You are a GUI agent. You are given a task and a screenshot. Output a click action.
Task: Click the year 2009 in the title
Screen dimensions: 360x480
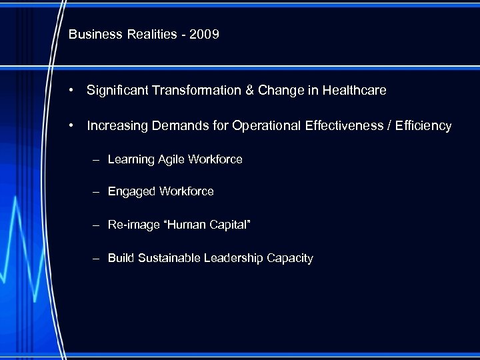204,34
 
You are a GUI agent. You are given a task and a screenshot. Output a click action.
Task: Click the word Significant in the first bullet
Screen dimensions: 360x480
115,90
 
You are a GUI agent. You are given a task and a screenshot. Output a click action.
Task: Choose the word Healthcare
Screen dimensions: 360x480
354,90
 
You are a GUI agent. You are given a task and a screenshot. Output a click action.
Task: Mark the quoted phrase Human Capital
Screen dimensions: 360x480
207,225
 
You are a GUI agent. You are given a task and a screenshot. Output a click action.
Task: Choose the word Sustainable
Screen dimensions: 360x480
169,258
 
